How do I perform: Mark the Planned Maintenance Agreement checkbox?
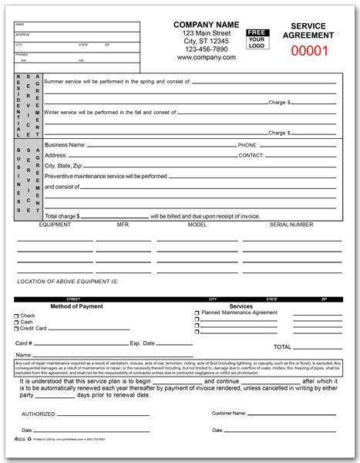click(x=198, y=314)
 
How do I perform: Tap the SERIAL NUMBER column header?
click(x=291, y=225)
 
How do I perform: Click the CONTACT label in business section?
click(x=251, y=155)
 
